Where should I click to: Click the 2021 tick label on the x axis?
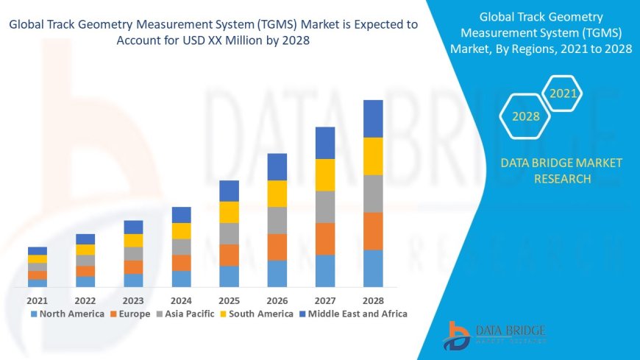pyautogui.click(x=37, y=300)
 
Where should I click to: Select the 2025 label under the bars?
pyautogui.click(x=229, y=300)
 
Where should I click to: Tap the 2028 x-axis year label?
pyautogui.click(x=373, y=300)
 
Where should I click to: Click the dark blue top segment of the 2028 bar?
pyautogui.click(x=373, y=119)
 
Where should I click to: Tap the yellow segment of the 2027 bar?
pyautogui.click(x=325, y=174)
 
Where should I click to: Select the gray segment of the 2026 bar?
pyautogui.click(x=277, y=220)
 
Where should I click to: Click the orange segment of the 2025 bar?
pyautogui.click(x=229, y=255)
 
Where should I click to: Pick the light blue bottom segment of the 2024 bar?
pyautogui.click(x=181, y=278)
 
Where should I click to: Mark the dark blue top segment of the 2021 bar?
pyautogui.click(x=37, y=251)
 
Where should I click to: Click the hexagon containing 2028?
pyautogui.click(x=526, y=116)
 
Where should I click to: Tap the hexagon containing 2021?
pyautogui.click(x=563, y=93)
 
